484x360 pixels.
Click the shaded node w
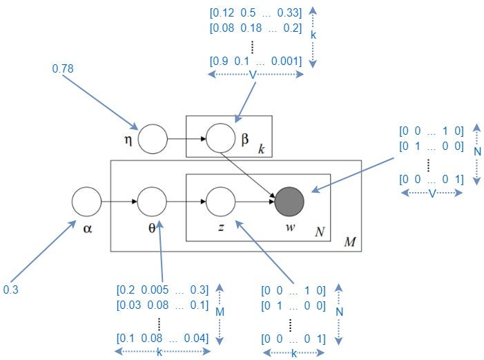click(289, 202)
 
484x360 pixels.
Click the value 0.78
click(63, 68)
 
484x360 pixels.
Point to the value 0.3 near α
click(11, 290)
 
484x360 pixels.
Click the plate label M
click(350, 242)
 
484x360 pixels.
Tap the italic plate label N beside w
click(320, 231)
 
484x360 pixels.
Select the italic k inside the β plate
click(261, 149)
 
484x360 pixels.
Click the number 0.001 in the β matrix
click(285, 61)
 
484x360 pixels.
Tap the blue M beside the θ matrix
click(220, 312)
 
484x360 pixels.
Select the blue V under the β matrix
click(253, 75)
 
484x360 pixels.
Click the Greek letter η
click(128, 140)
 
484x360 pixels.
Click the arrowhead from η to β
click(203, 139)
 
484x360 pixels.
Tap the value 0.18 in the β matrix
click(251, 28)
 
